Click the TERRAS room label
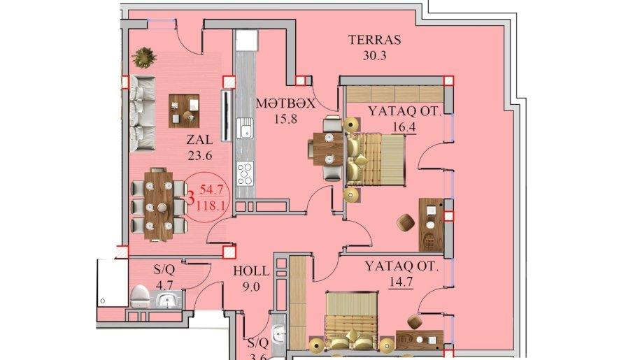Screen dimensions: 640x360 [374, 40]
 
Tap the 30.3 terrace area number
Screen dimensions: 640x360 [374, 55]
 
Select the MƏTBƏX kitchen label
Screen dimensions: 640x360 [285, 103]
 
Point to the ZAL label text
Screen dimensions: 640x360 [199, 140]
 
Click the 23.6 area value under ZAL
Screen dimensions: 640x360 [199, 156]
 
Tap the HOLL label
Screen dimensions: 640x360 [251, 271]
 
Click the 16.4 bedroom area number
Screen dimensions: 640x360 [404, 127]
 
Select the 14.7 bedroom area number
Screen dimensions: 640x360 [401, 282]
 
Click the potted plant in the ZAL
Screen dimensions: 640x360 [144, 57]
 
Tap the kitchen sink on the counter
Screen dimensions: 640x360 [246, 128]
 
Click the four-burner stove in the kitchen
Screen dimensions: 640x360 [246, 173]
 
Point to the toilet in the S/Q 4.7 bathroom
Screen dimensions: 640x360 [140, 296]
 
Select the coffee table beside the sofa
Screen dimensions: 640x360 [184, 111]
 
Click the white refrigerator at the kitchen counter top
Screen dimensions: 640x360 [246, 41]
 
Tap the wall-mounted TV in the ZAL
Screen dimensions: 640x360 [226, 116]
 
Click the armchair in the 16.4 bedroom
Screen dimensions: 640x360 [406, 222]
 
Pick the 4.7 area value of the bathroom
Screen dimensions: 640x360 [164, 285]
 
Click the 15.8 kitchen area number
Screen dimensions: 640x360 [285, 119]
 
